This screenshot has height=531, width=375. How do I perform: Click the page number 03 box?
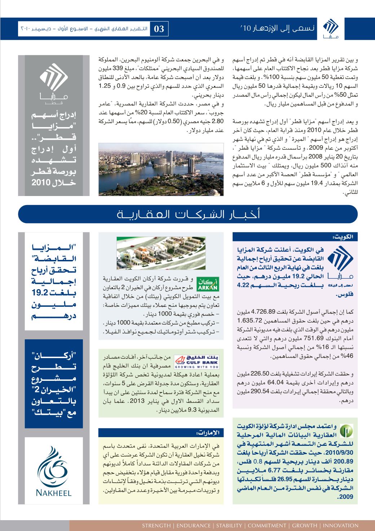[x=159, y=29]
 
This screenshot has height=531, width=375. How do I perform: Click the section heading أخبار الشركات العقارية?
[x=187, y=214]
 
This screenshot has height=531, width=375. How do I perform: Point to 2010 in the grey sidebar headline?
[x=39, y=183]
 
